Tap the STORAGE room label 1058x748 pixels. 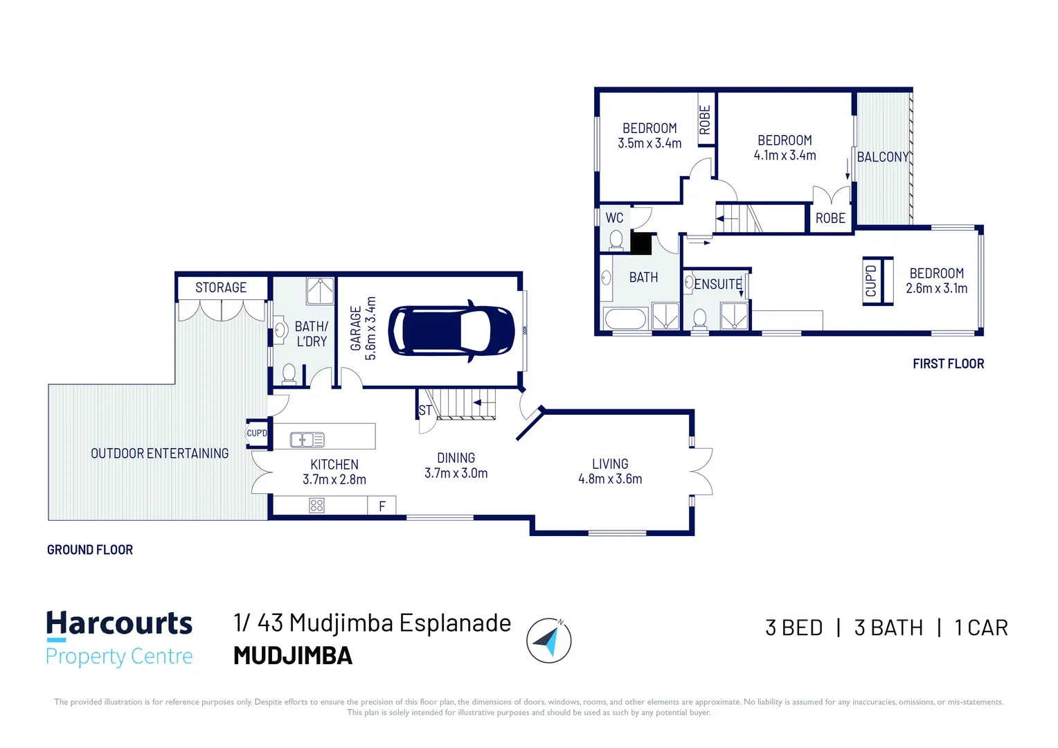[221, 287]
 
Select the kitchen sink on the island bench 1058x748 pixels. [307, 439]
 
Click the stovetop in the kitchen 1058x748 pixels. [316, 506]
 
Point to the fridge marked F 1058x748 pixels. [382, 506]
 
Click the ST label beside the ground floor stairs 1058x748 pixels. [425, 410]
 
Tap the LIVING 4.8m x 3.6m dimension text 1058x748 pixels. [610, 471]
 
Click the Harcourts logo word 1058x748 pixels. [119, 623]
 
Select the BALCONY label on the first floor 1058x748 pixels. [883, 157]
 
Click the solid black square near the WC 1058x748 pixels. [641, 244]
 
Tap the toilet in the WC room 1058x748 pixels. [616, 240]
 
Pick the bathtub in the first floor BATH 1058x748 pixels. [625, 319]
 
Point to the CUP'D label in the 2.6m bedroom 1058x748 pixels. [871, 280]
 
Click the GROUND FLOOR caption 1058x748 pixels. [90, 549]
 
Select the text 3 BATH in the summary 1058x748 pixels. [888, 628]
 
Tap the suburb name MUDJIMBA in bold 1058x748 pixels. [293, 655]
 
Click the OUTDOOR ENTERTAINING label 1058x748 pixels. [160, 453]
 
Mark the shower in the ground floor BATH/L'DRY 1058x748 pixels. [320, 291]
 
